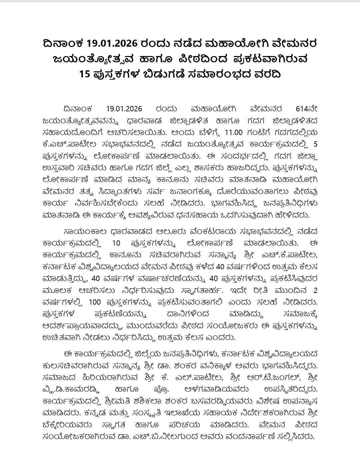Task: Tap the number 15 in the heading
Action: (85, 74)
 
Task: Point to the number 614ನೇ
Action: (306, 109)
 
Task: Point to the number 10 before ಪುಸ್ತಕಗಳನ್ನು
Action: (116, 244)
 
